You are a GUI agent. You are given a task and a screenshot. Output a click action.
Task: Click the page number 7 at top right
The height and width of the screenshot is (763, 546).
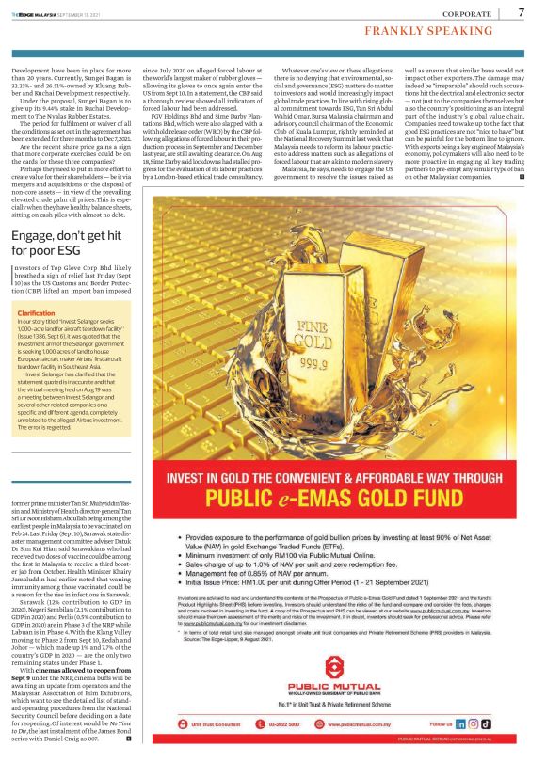tap(521, 12)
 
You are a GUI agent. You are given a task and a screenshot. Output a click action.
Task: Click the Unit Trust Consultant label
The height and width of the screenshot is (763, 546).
tap(204, 725)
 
